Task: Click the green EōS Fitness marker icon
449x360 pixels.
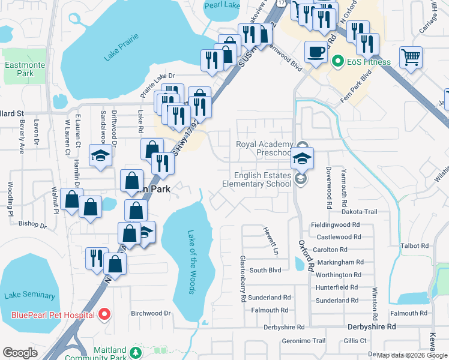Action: tap(338, 62)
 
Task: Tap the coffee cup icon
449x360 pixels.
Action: tap(316, 51)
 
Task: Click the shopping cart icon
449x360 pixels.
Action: tap(411, 58)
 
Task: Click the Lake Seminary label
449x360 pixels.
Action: tap(29, 295)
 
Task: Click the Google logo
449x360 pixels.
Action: tap(20, 353)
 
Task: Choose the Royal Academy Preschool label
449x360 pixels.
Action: tap(265, 148)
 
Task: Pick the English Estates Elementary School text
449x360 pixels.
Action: tap(263, 179)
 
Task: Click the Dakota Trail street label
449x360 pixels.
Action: tap(359, 212)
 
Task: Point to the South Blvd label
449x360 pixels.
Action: tap(265, 271)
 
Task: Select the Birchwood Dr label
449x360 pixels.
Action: tap(151, 313)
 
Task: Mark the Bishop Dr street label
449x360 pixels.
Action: tap(32, 226)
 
